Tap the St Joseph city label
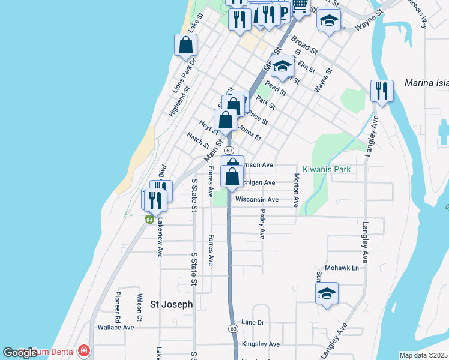[171, 304]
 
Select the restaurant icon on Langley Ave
[382, 91]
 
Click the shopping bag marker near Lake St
[186, 45]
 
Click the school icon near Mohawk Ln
[327, 294]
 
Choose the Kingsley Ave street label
[261, 344]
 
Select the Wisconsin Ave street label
[257, 199]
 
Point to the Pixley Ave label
[262, 224]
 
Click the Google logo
[20, 353]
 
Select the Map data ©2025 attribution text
[423, 355]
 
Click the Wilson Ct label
[139, 306]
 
